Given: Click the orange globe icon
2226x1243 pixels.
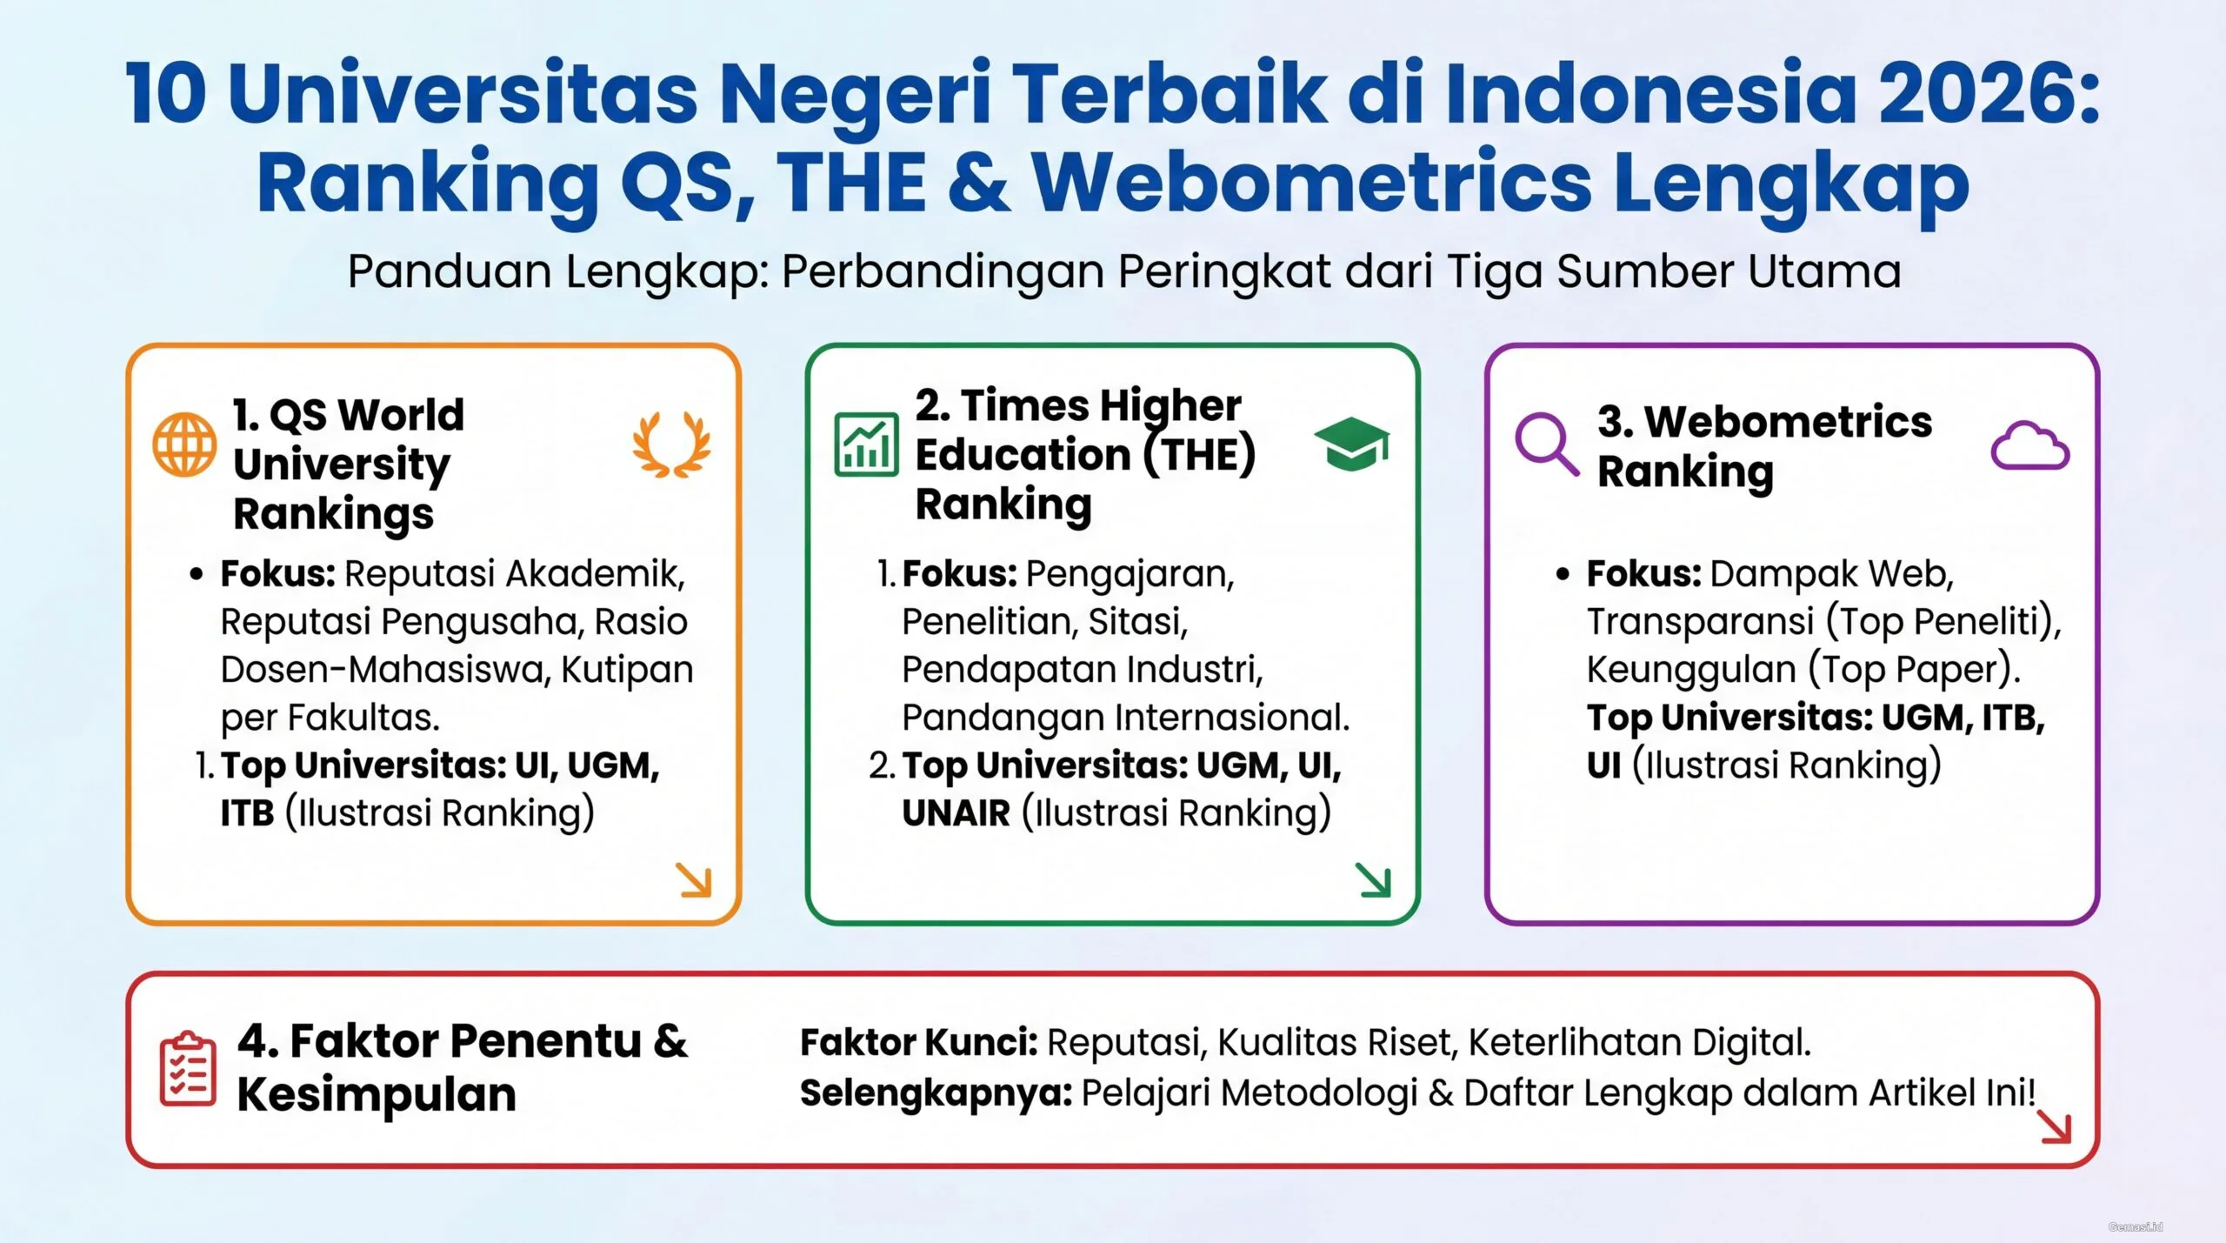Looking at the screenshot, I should click(184, 444).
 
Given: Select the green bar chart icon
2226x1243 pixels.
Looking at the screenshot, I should click(866, 444).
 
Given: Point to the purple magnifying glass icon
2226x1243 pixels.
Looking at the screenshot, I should click(1546, 444).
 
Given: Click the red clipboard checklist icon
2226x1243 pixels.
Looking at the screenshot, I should click(188, 1069).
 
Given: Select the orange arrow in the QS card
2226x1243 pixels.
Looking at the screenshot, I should click(695, 880).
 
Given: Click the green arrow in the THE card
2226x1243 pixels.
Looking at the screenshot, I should click(1374, 880).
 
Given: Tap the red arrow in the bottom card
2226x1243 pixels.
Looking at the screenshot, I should click(2055, 1127).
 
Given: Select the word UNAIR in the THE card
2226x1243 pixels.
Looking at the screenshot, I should click(956, 813).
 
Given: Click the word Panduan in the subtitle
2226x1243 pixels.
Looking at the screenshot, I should click(451, 271).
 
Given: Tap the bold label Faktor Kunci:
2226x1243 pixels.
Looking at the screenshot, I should click(918, 1042).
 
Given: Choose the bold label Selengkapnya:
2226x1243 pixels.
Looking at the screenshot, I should click(936, 1093).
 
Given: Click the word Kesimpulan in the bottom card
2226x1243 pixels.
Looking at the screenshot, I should click(377, 1094).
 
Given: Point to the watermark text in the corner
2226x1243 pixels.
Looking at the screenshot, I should click(2136, 1226).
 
